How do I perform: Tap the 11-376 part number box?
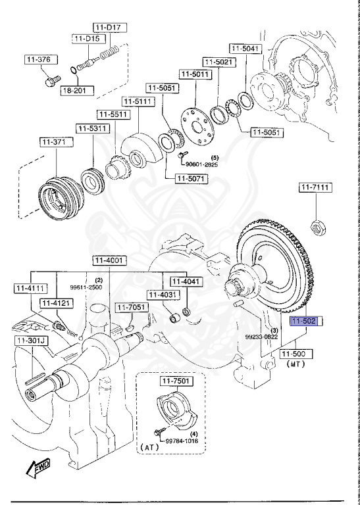[x=38, y=60]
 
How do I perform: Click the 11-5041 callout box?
[x=245, y=48]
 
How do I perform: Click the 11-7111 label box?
[x=316, y=188]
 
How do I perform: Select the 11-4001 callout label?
[x=108, y=260]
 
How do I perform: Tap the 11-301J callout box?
[x=28, y=341]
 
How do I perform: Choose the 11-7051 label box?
[x=131, y=307]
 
